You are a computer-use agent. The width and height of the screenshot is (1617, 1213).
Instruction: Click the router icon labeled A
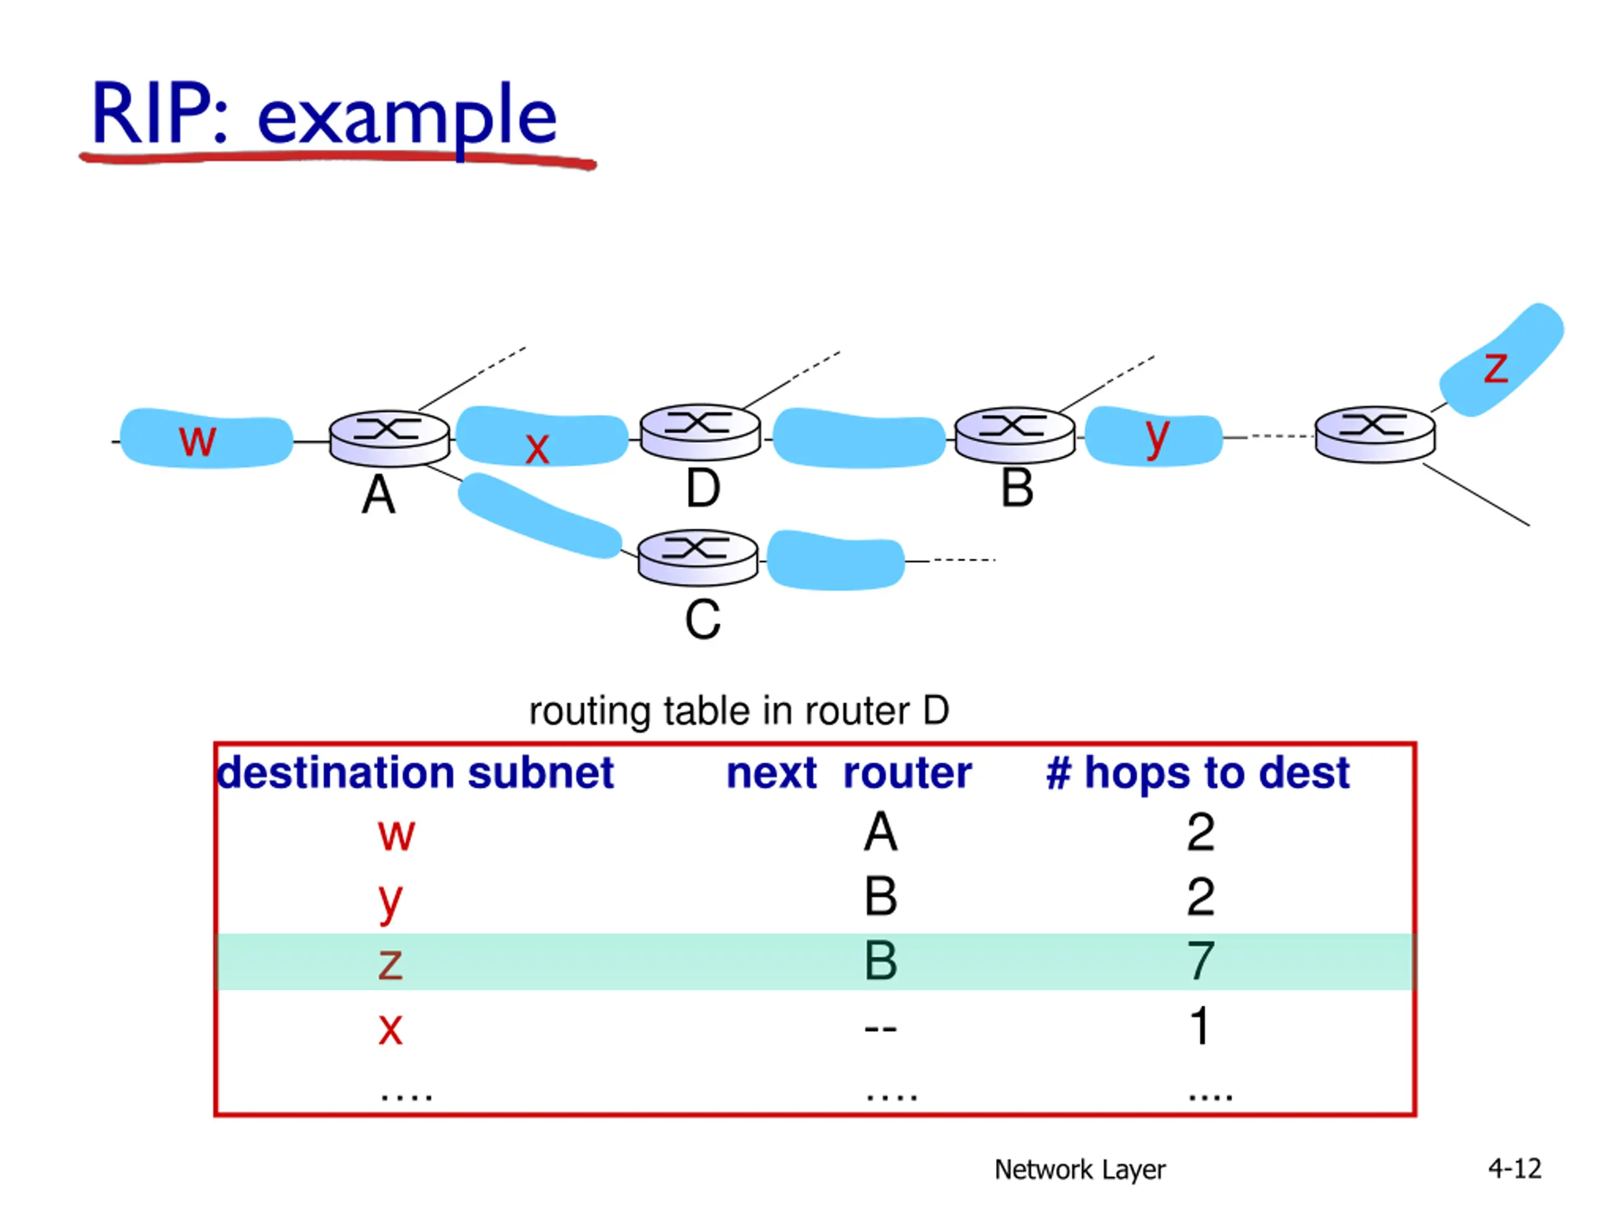point(389,438)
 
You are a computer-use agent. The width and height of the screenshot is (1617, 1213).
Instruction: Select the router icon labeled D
point(700,432)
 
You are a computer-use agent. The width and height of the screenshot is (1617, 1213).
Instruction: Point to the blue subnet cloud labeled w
point(206,438)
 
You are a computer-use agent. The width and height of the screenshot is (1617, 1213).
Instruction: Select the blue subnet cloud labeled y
point(1153,437)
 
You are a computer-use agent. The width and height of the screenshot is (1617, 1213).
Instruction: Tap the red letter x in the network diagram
point(538,447)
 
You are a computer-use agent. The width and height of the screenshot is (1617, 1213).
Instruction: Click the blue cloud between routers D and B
point(859,438)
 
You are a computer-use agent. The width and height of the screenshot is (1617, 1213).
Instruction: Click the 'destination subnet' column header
point(415,773)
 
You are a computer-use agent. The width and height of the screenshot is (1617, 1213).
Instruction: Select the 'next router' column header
point(849,773)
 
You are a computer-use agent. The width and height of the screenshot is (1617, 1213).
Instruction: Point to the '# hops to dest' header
point(1198,773)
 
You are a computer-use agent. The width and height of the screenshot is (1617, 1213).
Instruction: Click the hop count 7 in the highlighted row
point(1200,961)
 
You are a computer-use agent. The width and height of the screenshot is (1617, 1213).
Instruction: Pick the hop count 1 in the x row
point(1199,1026)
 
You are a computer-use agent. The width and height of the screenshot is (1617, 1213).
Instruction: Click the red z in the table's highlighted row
point(390,963)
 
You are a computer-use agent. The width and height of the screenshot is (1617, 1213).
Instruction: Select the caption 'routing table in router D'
point(738,711)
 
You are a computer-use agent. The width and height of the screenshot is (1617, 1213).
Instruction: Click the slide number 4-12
point(1515,1168)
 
